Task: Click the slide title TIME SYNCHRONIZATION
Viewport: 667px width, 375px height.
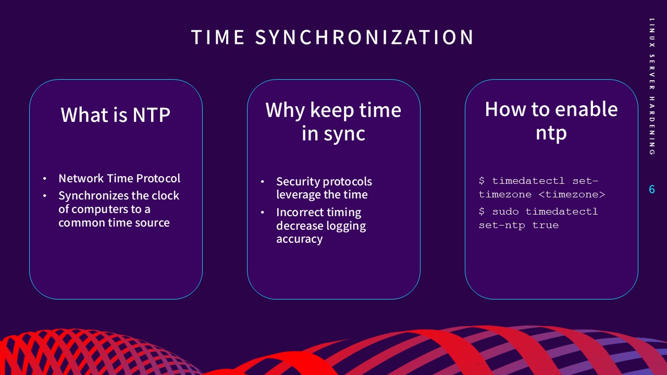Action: tap(332, 37)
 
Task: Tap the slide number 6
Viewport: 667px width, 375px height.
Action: tap(651, 190)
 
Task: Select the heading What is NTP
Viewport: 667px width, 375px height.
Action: tap(116, 115)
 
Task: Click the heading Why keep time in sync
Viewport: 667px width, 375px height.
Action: tap(333, 122)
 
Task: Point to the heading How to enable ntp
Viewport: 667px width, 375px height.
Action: tap(551, 121)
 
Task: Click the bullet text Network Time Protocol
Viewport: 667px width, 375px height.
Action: tap(119, 178)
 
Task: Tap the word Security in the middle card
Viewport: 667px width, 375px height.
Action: tap(298, 182)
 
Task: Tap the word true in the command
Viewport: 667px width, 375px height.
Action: tap(545, 226)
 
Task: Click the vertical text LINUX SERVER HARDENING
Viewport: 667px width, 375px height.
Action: tap(651, 86)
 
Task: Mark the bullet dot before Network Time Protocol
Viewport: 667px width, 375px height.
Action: tap(45, 179)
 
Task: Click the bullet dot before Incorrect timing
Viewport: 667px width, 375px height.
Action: tap(263, 213)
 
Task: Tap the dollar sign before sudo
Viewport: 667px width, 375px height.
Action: tap(482, 212)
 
